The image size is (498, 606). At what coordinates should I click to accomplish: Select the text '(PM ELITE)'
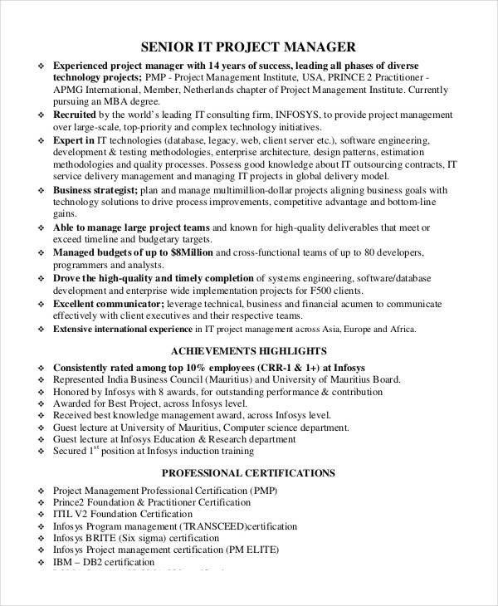click(x=253, y=550)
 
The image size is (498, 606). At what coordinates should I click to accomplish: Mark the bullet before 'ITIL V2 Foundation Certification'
click(x=42, y=515)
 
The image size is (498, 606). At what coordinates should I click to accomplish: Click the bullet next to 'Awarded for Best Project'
click(x=42, y=403)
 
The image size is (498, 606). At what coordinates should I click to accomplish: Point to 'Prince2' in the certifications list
click(x=71, y=502)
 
